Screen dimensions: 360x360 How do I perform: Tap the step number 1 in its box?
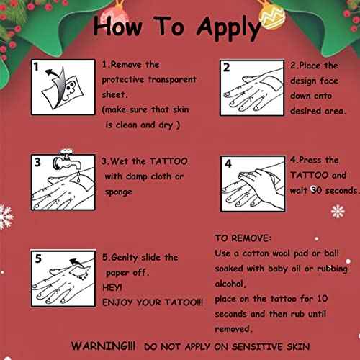tap(37, 68)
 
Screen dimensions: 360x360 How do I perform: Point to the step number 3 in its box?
tap(37, 162)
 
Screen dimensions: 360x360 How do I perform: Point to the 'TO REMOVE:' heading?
tap(243, 238)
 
